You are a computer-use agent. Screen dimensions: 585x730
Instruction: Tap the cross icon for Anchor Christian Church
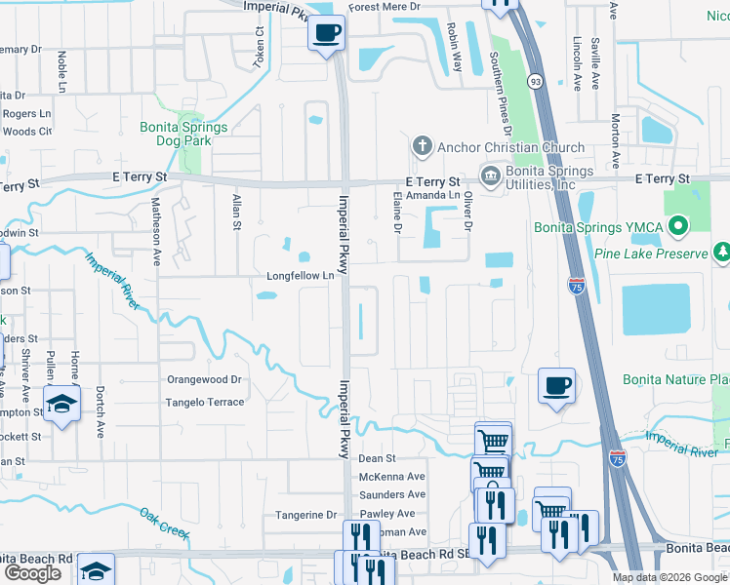tap(423, 147)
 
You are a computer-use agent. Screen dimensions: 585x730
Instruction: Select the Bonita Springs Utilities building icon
tap(489, 175)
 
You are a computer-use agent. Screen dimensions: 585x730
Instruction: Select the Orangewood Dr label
tap(203, 380)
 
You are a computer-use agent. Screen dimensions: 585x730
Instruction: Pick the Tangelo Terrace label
tap(204, 402)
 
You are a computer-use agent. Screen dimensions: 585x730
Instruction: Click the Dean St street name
tap(377, 458)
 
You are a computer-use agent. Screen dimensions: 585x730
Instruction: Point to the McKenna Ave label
tap(392, 477)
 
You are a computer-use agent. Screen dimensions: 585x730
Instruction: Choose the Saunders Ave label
tap(392, 495)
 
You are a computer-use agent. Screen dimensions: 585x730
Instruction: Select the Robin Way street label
tap(454, 45)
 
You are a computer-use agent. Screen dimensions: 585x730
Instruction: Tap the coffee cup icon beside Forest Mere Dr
tap(326, 32)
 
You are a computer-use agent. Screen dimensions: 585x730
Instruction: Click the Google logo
tap(32, 573)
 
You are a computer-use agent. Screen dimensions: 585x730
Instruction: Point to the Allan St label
tap(236, 213)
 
